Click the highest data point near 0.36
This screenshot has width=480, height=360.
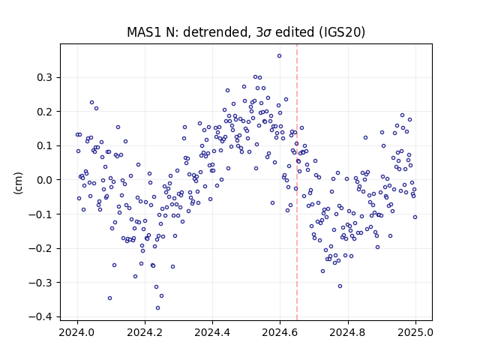click(x=279, y=55)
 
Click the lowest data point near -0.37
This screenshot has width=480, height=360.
click(x=157, y=307)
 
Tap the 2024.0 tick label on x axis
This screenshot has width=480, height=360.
click(x=77, y=332)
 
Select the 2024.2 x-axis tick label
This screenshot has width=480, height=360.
click(x=145, y=332)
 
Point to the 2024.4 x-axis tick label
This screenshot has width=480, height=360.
click(x=212, y=332)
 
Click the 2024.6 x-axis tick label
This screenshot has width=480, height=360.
click(x=280, y=332)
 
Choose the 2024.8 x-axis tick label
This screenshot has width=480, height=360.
click(x=348, y=332)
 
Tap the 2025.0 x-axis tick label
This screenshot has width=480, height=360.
click(x=415, y=332)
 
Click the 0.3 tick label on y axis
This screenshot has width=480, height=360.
click(x=45, y=77)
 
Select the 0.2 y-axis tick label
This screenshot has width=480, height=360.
click(x=45, y=112)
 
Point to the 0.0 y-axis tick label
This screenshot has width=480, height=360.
click(x=45, y=180)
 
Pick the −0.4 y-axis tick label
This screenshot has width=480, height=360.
click(x=40, y=316)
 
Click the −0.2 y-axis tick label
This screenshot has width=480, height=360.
click(x=40, y=248)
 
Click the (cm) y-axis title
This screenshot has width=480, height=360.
click(x=18, y=183)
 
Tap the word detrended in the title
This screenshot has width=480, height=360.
click(x=215, y=32)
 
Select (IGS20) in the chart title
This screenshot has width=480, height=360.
click(x=342, y=32)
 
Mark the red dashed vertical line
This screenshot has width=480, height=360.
click(x=297, y=182)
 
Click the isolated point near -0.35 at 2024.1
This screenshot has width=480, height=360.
click(x=109, y=298)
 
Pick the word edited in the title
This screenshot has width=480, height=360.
click(x=295, y=32)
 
